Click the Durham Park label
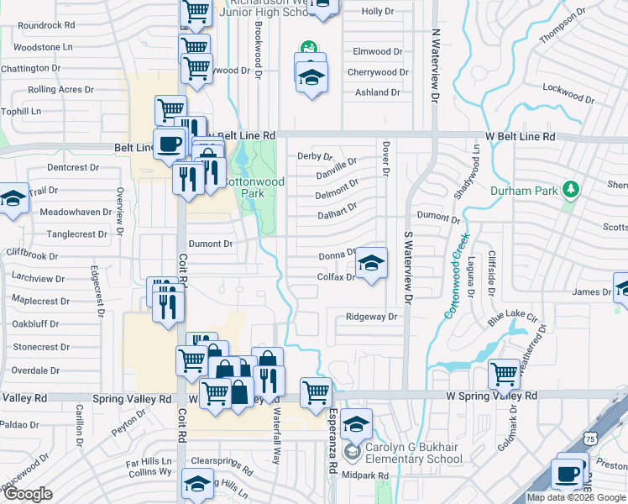click(x=527, y=191)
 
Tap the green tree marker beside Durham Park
click(x=572, y=187)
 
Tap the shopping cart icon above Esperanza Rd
click(x=317, y=391)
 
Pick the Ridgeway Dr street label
click(x=370, y=318)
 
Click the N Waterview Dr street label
click(x=435, y=66)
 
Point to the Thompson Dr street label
click(x=562, y=29)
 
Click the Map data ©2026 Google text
click(x=575, y=497)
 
